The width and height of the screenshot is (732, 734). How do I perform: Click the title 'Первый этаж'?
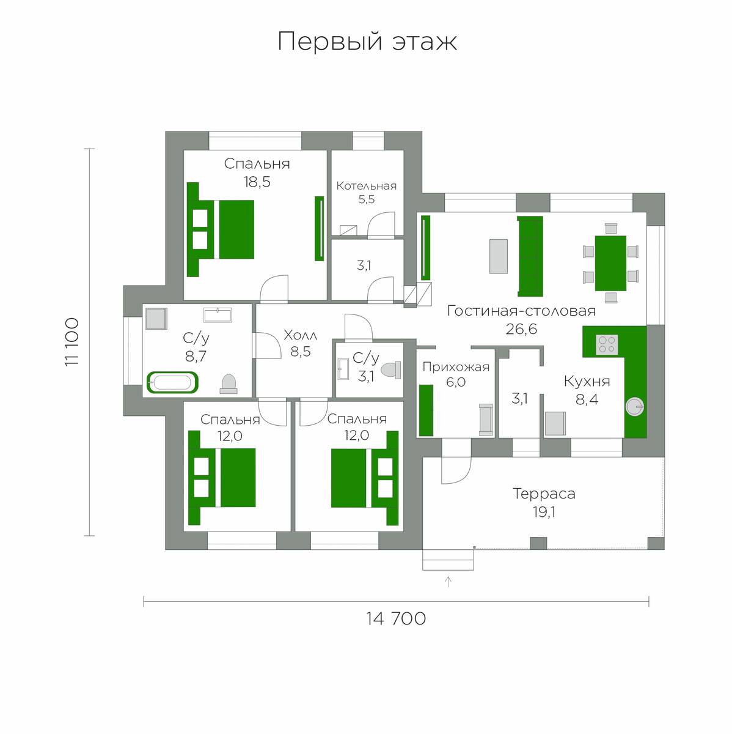(367, 42)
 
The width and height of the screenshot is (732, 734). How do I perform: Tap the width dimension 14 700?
(396, 618)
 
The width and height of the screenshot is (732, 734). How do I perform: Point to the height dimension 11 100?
(72, 342)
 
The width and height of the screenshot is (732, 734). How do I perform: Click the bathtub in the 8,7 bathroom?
(172, 382)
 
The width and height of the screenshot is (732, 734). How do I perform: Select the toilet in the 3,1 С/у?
(390, 369)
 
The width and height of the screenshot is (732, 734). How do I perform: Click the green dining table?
(610, 263)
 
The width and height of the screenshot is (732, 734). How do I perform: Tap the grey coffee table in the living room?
(498, 256)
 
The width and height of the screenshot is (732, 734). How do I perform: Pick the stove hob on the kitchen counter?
(607, 345)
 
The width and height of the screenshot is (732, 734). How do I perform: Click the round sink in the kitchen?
(635, 407)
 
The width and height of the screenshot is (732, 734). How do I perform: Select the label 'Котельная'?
(367, 186)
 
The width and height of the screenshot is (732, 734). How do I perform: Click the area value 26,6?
(521, 328)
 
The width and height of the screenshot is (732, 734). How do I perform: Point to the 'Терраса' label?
(544, 494)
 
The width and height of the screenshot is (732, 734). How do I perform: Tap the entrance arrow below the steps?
(448, 582)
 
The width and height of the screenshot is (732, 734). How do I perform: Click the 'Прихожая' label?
(456, 367)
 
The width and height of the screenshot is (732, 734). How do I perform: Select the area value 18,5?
(257, 182)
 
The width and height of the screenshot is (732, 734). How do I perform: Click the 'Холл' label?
(301, 335)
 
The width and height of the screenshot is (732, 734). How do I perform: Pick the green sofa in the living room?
(530, 256)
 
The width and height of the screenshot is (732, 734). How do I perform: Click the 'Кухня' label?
(587, 381)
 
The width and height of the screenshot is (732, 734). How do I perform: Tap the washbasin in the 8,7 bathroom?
(218, 315)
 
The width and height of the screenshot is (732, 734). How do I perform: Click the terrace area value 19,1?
(544, 513)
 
